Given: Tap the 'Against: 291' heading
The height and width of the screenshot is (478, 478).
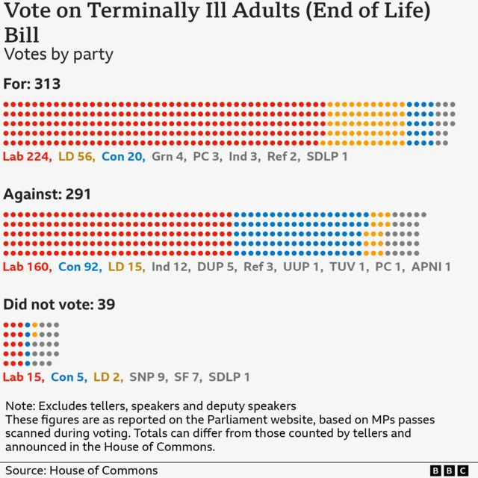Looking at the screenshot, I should point(47,194).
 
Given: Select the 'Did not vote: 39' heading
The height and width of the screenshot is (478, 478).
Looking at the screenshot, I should point(58,305).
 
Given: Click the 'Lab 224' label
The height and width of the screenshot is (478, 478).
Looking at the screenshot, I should point(26,157).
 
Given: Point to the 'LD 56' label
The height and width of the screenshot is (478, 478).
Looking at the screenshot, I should point(76,157).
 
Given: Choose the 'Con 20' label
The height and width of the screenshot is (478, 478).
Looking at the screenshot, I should point(122,157).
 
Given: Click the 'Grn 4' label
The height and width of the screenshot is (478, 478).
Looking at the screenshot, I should point(168,157).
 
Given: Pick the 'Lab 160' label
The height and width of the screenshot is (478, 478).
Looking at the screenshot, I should point(26,267).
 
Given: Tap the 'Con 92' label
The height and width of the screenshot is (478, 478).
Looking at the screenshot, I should point(78,267).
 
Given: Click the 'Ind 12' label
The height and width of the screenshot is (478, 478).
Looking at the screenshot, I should point(170,267).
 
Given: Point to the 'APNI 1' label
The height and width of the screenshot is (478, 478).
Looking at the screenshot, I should point(431,267).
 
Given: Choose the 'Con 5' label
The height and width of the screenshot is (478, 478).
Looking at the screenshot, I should point(69,377).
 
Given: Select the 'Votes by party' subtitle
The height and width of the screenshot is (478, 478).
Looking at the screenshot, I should point(58,55).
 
